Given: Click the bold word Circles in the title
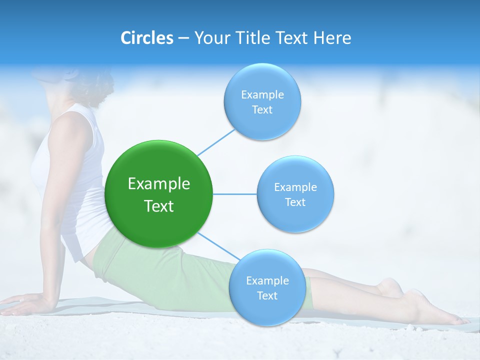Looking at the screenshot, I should pyautogui.click(x=146, y=38).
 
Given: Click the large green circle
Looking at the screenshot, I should pyautogui.click(x=159, y=165).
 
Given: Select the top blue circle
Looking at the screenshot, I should pyautogui.click(x=262, y=122).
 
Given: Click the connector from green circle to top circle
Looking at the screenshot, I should pyautogui.click(x=216, y=142).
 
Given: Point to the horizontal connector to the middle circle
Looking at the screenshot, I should pyautogui.click(x=235, y=194).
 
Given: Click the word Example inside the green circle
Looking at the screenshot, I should pyautogui.click(x=159, y=184).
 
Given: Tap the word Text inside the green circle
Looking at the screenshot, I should pyautogui.click(x=159, y=206).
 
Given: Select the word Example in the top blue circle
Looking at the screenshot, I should pyautogui.click(x=262, y=94).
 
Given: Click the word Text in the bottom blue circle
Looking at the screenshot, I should pyautogui.click(x=267, y=295).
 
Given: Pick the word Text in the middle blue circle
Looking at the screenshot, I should pyautogui.click(x=295, y=202).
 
